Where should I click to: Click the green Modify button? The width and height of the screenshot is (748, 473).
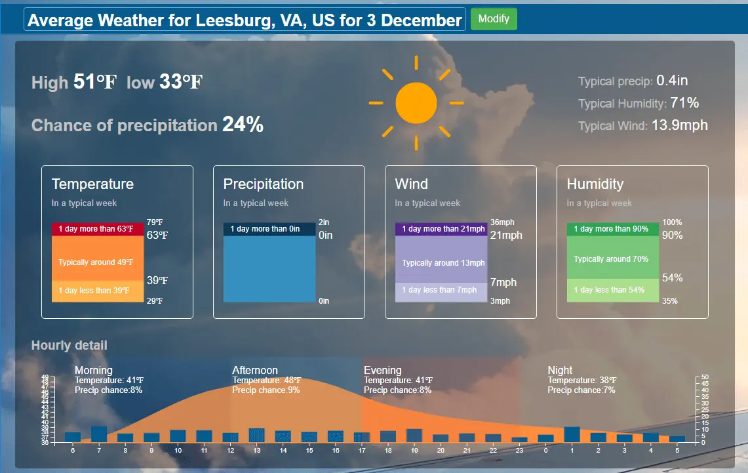tap(494, 18)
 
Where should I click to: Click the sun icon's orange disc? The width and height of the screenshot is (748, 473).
tap(416, 103)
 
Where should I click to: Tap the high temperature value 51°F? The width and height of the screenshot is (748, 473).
tap(95, 82)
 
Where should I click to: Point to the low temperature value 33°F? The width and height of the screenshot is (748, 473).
tap(181, 82)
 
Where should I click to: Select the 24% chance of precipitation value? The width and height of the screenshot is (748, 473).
tap(243, 124)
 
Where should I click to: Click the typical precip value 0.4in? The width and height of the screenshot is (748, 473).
tap(672, 81)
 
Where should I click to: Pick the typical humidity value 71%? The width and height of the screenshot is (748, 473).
tap(684, 103)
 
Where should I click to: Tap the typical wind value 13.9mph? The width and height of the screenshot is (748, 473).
tap(679, 125)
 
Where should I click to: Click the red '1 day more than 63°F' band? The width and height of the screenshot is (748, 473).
tap(97, 229)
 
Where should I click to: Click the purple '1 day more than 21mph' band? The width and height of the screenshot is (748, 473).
tap(441, 229)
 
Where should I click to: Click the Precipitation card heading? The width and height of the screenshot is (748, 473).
tap(263, 184)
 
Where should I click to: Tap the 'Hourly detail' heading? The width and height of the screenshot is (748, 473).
tap(69, 345)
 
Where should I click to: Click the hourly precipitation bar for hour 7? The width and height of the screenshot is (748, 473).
tap(99, 434)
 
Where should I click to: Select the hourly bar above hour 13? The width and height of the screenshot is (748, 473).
tap(256, 435)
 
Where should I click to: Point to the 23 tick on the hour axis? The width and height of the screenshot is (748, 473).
tap(519, 451)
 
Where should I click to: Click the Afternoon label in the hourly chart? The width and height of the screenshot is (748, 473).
tap(255, 371)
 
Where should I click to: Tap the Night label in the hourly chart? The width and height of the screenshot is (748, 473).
tap(560, 371)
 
